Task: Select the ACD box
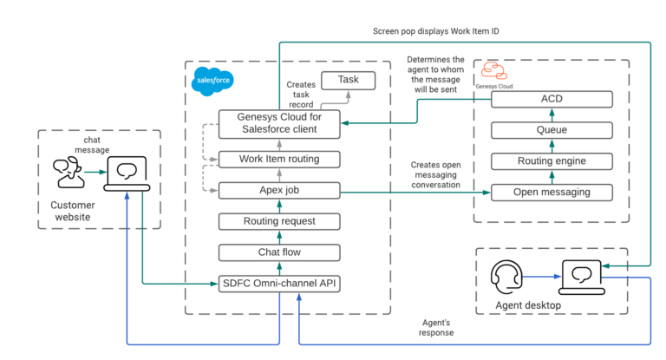(552, 99)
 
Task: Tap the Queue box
(552, 130)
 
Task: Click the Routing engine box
(552, 160)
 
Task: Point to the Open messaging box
(552, 192)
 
